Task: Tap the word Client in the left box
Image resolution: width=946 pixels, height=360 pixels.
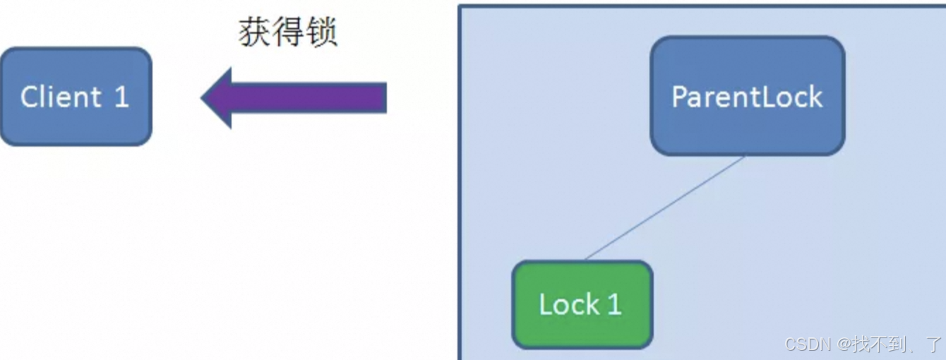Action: click(x=61, y=97)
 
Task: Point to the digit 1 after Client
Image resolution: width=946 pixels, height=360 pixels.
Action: click(x=121, y=97)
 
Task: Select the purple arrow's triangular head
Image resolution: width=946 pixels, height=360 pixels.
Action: click(x=217, y=98)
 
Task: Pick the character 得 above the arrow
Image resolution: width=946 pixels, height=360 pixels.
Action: click(x=289, y=32)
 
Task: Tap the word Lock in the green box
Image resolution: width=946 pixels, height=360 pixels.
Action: click(x=569, y=304)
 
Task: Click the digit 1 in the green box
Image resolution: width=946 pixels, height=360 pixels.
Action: click(x=614, y=304)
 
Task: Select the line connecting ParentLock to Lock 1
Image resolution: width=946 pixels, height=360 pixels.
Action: click(x=664, y=208)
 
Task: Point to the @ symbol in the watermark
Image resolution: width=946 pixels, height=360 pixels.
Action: click(x=843, y=344)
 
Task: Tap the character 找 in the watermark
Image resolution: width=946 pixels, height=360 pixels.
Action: click(x=861, y=344)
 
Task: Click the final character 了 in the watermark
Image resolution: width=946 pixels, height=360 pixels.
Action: click(x=933, y=344)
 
